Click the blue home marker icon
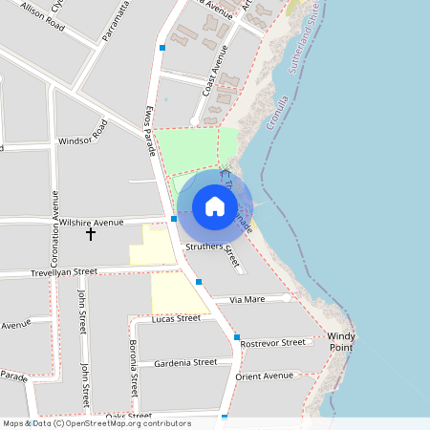(x=215, y=206)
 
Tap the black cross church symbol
(x=92, y=233)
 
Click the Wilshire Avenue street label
(x=92, y=222)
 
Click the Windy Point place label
(x=341, y=342)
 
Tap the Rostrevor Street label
(x=272, y=342)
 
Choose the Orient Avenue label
(x=265, y=376)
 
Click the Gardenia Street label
(x=185, y=362)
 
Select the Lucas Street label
(x=176, y=318)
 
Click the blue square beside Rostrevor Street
(x=236, y=337)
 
